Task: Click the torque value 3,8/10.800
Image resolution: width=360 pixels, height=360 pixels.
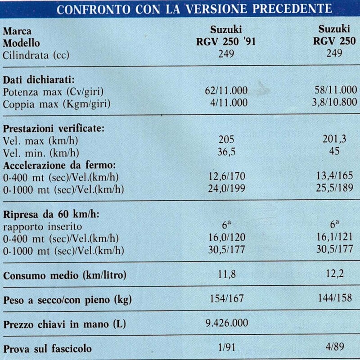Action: coord(334,103)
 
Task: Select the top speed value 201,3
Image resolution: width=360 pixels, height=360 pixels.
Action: coord(334,140)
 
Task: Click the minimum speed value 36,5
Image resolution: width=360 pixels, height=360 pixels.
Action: coord(226,151)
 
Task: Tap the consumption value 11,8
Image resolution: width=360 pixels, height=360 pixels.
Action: coord(226,275)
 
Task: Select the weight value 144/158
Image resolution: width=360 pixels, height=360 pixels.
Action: coord(334,300)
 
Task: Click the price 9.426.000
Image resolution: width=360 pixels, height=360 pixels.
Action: coord(226,323)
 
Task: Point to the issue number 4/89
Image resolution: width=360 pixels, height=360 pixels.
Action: coord(334,348)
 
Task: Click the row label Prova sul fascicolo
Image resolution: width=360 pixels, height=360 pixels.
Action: coord(48,348)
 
